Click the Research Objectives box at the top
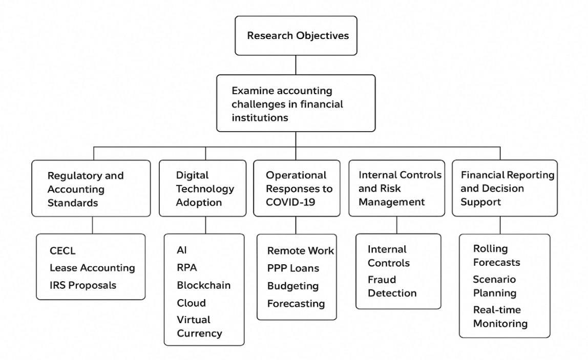296,36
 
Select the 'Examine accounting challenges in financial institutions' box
296,103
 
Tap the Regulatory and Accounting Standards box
91,188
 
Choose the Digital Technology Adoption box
202,188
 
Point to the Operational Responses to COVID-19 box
297,188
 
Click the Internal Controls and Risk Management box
397,188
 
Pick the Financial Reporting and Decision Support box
505,188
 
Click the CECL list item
62,250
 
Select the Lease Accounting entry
92,268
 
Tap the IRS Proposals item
83,285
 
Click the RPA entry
187,267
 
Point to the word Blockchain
204,285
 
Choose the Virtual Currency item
200,326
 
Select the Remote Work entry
300,250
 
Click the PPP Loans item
293,268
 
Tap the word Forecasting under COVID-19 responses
296,303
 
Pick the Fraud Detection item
392,286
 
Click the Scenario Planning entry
495,286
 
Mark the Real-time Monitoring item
500,316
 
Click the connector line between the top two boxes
296,65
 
